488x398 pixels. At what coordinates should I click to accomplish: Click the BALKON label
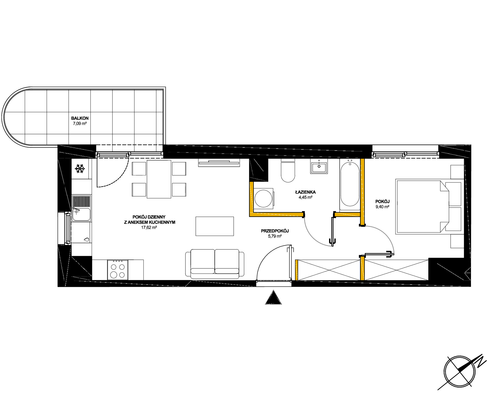(80, 118)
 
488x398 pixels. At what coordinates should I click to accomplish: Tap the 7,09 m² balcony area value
(80, 123)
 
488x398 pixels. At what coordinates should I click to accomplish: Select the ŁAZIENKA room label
(305, 192)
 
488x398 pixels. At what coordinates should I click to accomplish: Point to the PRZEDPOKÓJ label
(275, 231)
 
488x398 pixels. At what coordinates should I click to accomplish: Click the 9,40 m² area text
(382, 207)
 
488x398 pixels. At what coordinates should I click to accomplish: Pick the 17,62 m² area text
(149, 227)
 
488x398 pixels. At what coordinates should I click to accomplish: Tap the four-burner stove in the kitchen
(118, 270)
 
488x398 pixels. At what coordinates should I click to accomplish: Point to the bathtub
(350, 185)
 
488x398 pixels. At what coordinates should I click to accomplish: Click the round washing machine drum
(263, 198)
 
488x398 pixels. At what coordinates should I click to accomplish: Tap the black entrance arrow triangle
(273, 297)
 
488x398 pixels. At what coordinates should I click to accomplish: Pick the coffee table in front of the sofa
(214, 226)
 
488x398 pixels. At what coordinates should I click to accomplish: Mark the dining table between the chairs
(159, 179)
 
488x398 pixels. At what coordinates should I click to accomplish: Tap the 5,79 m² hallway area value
(275, 236)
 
